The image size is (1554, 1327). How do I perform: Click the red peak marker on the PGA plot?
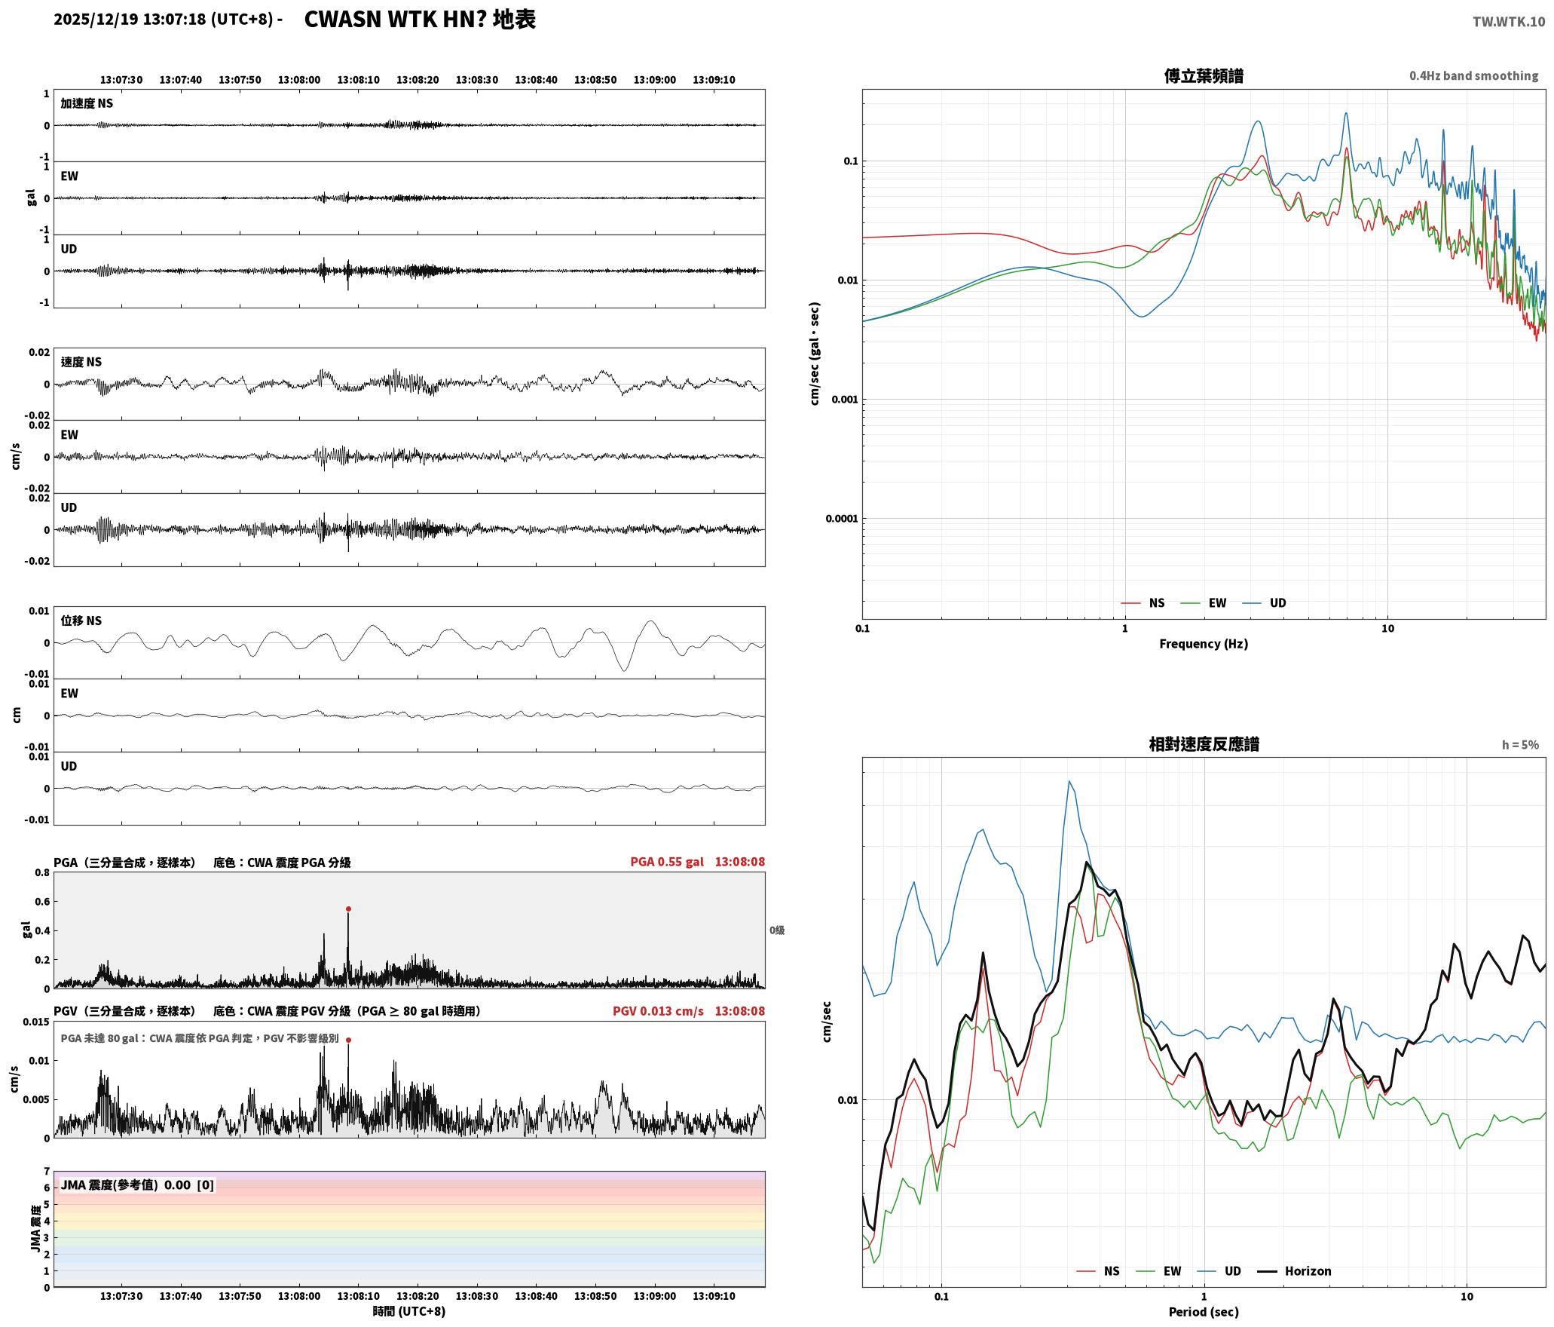348,909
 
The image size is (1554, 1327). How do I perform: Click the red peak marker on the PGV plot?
348,1040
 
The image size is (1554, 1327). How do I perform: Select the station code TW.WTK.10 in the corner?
1509,22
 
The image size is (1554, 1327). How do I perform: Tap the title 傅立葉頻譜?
1204,76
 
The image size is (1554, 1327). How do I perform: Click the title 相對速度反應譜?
1204,744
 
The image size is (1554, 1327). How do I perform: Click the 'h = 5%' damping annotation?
1520,745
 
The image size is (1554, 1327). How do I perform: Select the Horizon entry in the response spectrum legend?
1295,1271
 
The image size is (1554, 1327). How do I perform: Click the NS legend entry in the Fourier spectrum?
1143,603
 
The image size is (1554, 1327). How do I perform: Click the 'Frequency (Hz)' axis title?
1204,644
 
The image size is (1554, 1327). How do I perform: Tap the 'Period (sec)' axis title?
1204,1312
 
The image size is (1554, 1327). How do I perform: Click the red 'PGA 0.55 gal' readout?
667,862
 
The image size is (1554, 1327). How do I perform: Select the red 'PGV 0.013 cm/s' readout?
658,1011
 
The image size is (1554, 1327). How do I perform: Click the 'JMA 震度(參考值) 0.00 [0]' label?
137,1185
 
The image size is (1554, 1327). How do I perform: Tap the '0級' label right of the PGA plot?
777,930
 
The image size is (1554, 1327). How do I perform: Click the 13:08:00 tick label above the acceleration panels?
299,80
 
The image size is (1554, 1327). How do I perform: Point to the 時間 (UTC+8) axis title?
409,1312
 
